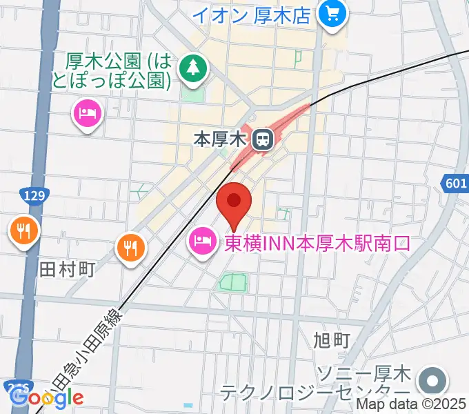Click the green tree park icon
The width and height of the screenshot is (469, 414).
(x=193, y=68)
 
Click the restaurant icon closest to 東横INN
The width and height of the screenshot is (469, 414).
(x=130, y=246)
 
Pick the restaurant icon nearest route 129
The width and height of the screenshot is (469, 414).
(x=24, y=230)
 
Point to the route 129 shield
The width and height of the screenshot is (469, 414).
(x=32, y=196)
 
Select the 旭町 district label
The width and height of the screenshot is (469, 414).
(x=332, y=339)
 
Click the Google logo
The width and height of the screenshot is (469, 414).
(x=47, y=397)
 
